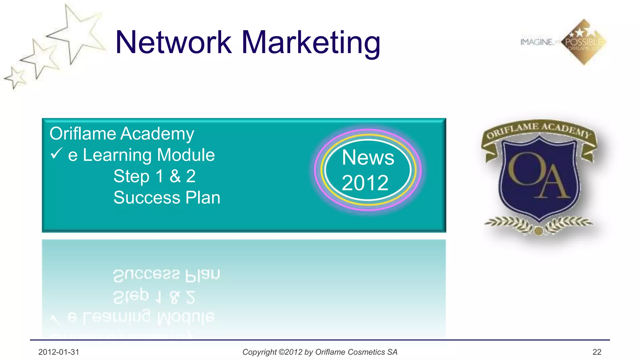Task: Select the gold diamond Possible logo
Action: coord(584,42)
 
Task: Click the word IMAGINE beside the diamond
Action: coord(537,42)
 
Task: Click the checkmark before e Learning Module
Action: coord(56,154)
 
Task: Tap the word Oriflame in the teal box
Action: coord(82,134)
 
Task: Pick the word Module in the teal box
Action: coord(186,155)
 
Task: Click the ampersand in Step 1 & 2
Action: coord(175,176)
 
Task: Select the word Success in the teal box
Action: coord(147,198)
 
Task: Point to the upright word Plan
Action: coord(203,198)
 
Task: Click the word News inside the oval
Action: coord(368,157)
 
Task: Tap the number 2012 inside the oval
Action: coord(365,183)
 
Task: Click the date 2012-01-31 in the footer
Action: coord(59,352)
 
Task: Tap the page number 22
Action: coord(597,352)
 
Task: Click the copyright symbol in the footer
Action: coord(281,352)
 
